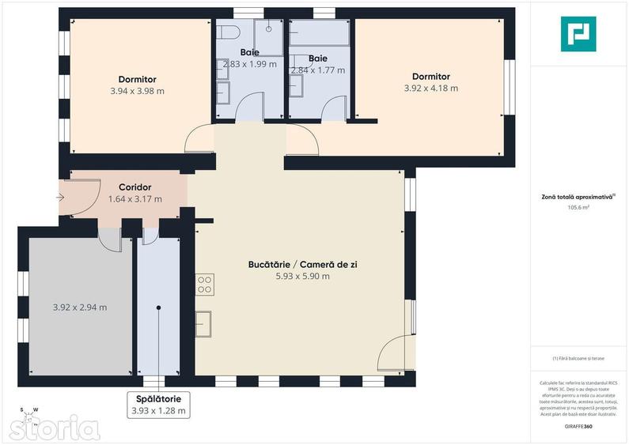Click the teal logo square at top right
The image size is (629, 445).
pyautogui.click(x=578, y=33)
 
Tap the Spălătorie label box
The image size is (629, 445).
pyautogui.click(x=158, y=405)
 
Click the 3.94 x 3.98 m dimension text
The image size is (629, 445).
pyautogui.click(x=137, y=91)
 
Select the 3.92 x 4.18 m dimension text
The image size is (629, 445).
pyautogui.click(x=430, y=88)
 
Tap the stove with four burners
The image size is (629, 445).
pyautogui.click(x=204, y=284)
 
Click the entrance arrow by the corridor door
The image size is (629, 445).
pyautogui.click(x=63, y=197)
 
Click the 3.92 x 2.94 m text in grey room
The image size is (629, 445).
pyautogui.click(x=80, y=307)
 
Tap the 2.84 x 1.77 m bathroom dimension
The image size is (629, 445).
pyautogui.click(x=318, y=70)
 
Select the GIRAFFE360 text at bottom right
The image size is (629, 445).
pyautogui.click(x=578, y=427)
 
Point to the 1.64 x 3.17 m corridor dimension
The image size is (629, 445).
pyautogui.click(x=135, y=199)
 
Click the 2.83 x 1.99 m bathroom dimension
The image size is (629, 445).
pyautogui.click(x=250, y=64)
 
